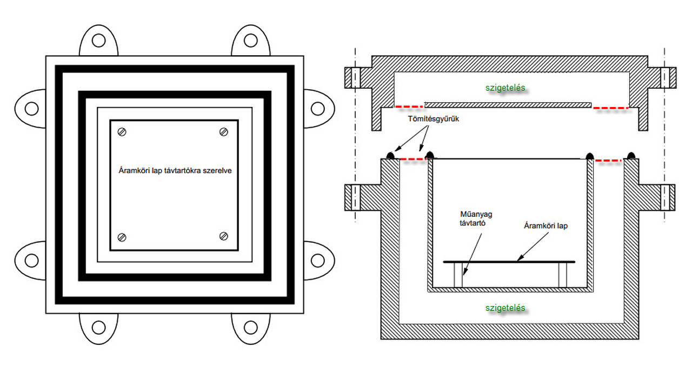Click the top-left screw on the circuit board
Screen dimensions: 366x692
[122, 132]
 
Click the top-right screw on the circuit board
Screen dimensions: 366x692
[223, 132]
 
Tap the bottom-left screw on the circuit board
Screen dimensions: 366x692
[122, 236]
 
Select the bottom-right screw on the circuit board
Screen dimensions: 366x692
[223, 236]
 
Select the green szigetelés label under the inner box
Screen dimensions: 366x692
[505, 308]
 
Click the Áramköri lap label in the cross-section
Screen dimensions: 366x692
[547, 226]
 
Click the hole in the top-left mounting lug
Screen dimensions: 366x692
[98, 40]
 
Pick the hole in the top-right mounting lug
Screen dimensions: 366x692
[250, 40]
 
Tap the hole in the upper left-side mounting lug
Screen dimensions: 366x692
[31, 107]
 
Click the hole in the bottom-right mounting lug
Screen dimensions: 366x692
[250, 327]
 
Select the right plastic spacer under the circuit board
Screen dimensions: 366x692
[562, 275]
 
